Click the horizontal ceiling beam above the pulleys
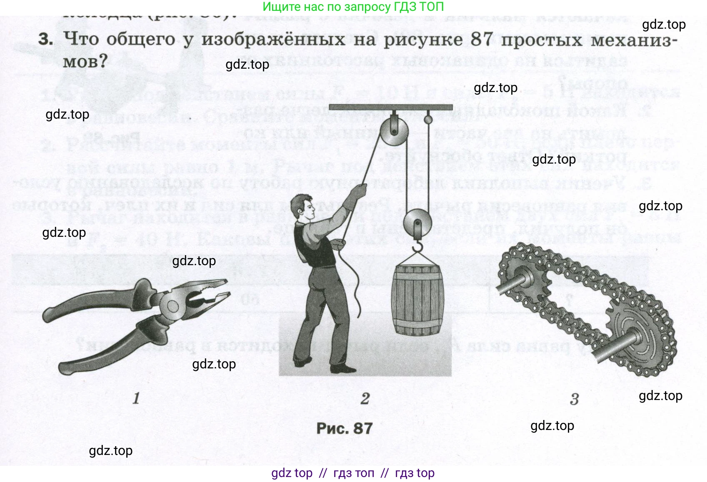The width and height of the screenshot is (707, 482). tap(390, 107)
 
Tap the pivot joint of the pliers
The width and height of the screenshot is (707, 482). tap(171, 307)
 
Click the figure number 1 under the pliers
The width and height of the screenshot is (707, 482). tap(136, 398)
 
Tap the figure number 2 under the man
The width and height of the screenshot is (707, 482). tap(365, 398)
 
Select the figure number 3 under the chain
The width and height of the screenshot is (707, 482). tap(574, 399)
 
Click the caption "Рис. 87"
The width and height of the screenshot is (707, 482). tap(344, 428)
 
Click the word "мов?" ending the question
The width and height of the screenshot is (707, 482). tap(85, 62)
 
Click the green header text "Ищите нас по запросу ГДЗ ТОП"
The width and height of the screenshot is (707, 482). tap(353, 7)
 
